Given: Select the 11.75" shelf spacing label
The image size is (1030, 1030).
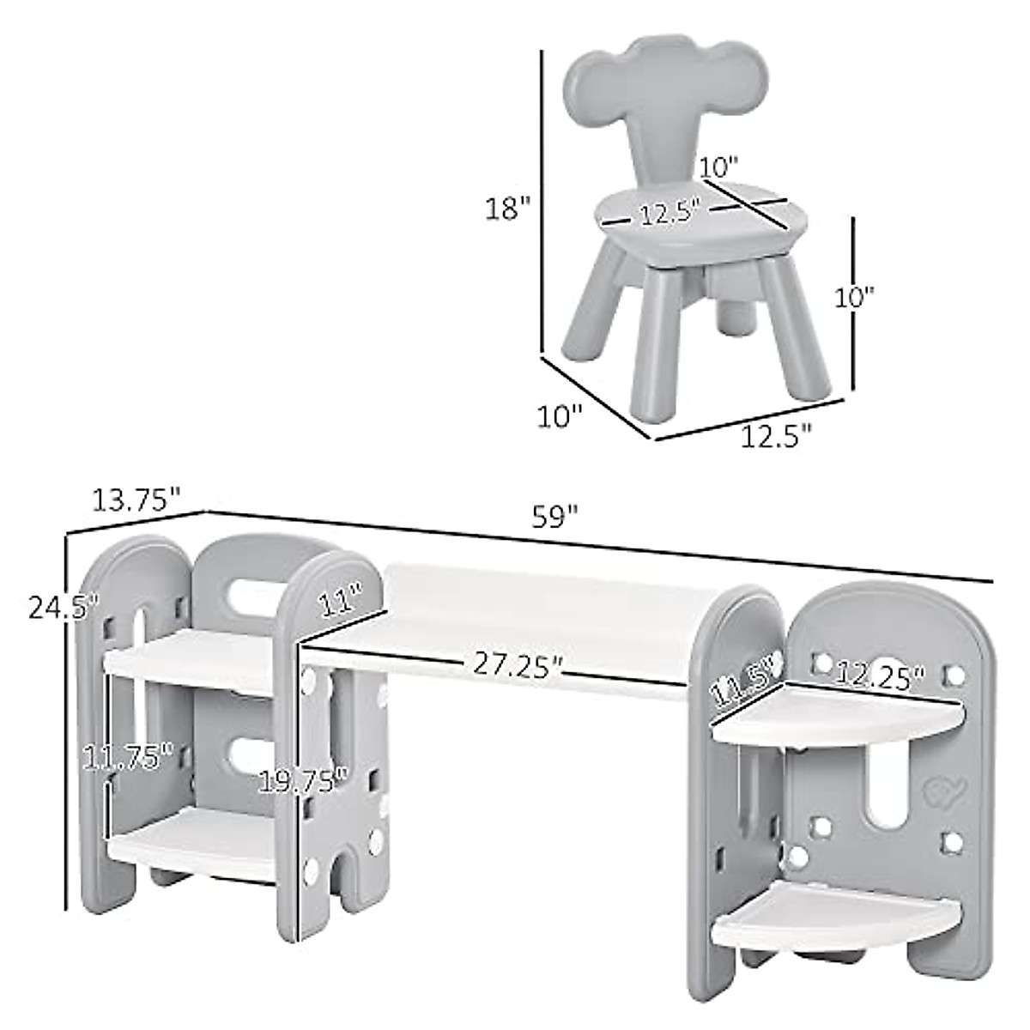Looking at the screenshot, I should tap(128, 759).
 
